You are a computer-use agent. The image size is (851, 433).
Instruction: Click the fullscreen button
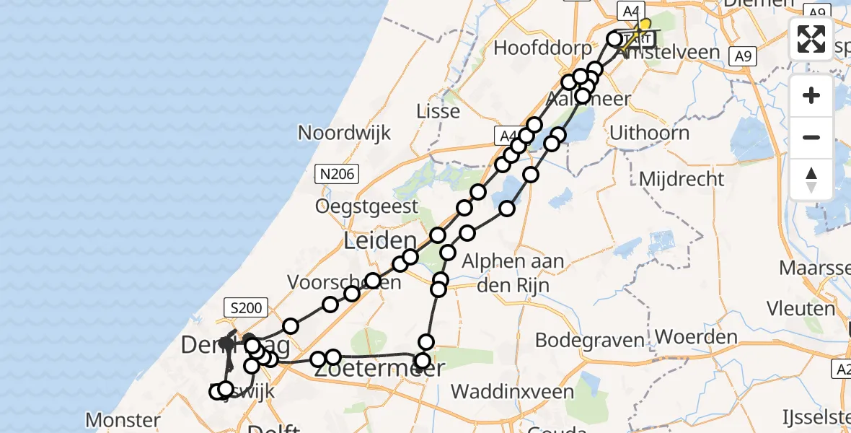click(x=811, y=39)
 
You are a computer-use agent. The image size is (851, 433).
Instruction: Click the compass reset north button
click(x=811, y=179)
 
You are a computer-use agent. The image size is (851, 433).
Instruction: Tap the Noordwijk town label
click(x=344, y=133)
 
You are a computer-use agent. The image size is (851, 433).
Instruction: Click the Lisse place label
click(x=438, y=111)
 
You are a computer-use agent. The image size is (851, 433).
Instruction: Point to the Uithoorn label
click(x=649, y=133)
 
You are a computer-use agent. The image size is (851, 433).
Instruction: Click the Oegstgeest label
click(x=366, y=207)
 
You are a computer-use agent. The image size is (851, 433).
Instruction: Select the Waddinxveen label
click(x=512, y=392)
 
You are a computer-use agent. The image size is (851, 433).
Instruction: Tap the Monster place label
click(x=123, y=419)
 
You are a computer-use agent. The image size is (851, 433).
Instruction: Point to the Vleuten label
click(x=801, y=309)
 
